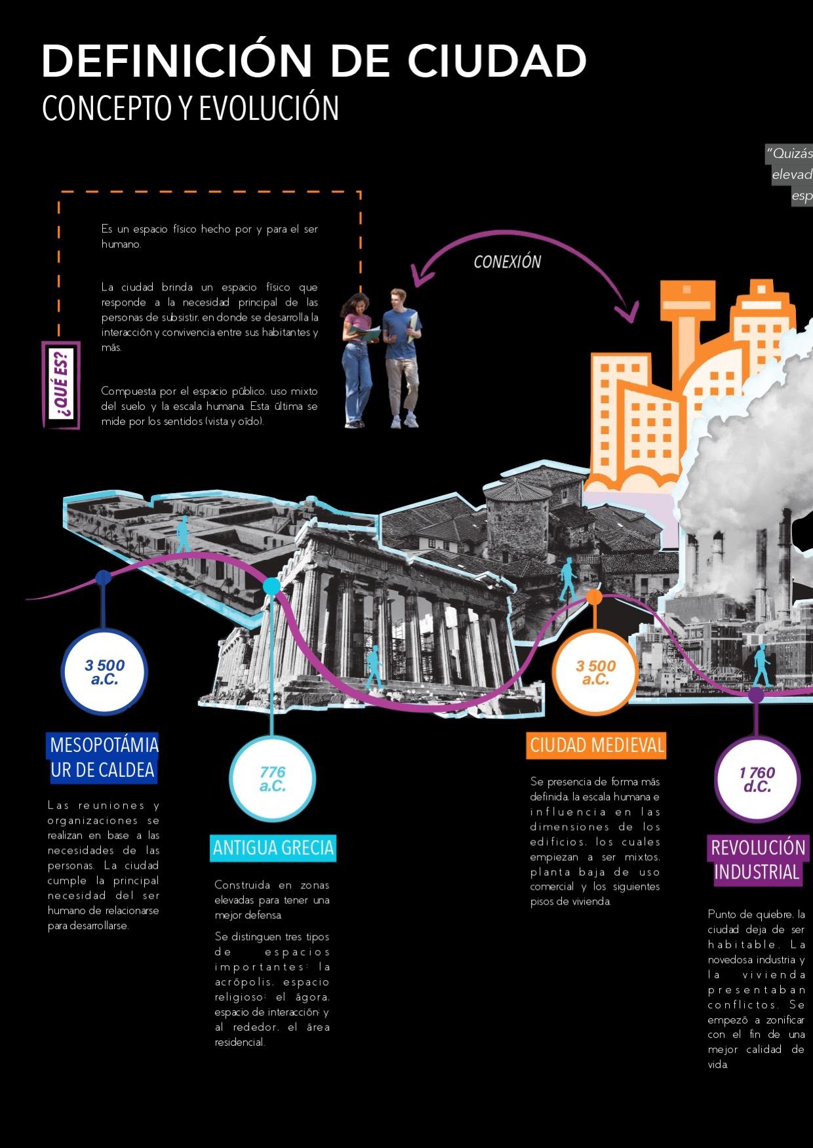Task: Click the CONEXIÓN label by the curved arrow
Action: tap(507, 262)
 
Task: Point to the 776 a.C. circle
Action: tap(272, 779)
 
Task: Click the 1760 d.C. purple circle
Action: tap(757, 780)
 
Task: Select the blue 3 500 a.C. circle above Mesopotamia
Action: tap(104, 673)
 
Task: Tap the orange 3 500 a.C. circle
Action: tap(595, 673)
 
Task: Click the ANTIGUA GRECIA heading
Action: tap(273, 848)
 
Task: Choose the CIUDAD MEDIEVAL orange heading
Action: tap(596, 745)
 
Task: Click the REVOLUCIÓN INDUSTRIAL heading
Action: tap(757, 860)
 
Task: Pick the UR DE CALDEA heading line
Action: tap(103, 770)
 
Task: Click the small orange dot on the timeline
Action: tap(594, 597)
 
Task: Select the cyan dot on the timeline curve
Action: tap(271, 586)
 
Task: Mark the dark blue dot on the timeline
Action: tap(103, 578)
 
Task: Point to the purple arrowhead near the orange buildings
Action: tap(631, 313)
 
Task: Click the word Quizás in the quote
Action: tap(792, 153)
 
